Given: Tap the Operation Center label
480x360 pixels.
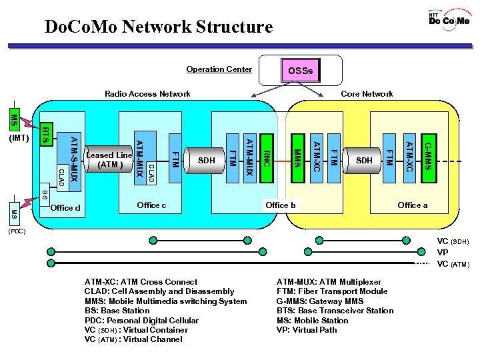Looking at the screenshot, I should tap(219, 69).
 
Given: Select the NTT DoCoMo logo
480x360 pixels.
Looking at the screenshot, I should tap(449, 19).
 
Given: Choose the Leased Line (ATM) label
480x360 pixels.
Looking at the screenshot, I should tap(109, 160).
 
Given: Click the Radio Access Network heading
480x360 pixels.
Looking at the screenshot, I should tap(147, 94).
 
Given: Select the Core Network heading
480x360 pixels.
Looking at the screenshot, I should tap(367, 94).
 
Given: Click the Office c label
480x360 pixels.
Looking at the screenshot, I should tap(151, 205).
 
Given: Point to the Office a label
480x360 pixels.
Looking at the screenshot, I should tap(413, 205).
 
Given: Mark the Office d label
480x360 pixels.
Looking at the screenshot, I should tap(65, 208).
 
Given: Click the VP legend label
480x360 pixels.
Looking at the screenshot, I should tap(443, 253).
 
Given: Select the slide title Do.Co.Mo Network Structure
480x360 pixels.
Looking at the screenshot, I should tap(158, 27).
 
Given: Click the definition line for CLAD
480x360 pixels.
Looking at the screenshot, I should tap(159, 291).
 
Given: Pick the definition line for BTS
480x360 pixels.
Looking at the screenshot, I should tap(335, 311).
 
